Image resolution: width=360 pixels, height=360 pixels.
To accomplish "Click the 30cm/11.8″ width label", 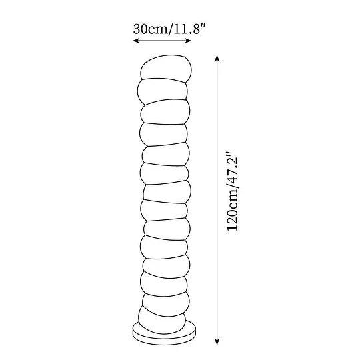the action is [169, 29].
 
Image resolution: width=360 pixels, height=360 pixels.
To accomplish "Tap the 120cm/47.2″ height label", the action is [233, 191].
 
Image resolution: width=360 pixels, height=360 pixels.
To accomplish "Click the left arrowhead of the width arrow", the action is [136, 41].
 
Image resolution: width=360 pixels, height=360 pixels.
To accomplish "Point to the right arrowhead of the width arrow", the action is [188, 41].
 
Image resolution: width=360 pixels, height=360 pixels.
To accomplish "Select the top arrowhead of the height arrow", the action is [217, 58].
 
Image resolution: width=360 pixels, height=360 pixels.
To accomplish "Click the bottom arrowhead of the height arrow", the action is [217, 341].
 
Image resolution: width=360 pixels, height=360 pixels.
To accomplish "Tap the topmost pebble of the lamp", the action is [166, 69].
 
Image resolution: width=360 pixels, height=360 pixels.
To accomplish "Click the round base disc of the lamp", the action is [165, 334].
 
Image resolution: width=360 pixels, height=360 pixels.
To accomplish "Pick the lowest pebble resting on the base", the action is [162, 320].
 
